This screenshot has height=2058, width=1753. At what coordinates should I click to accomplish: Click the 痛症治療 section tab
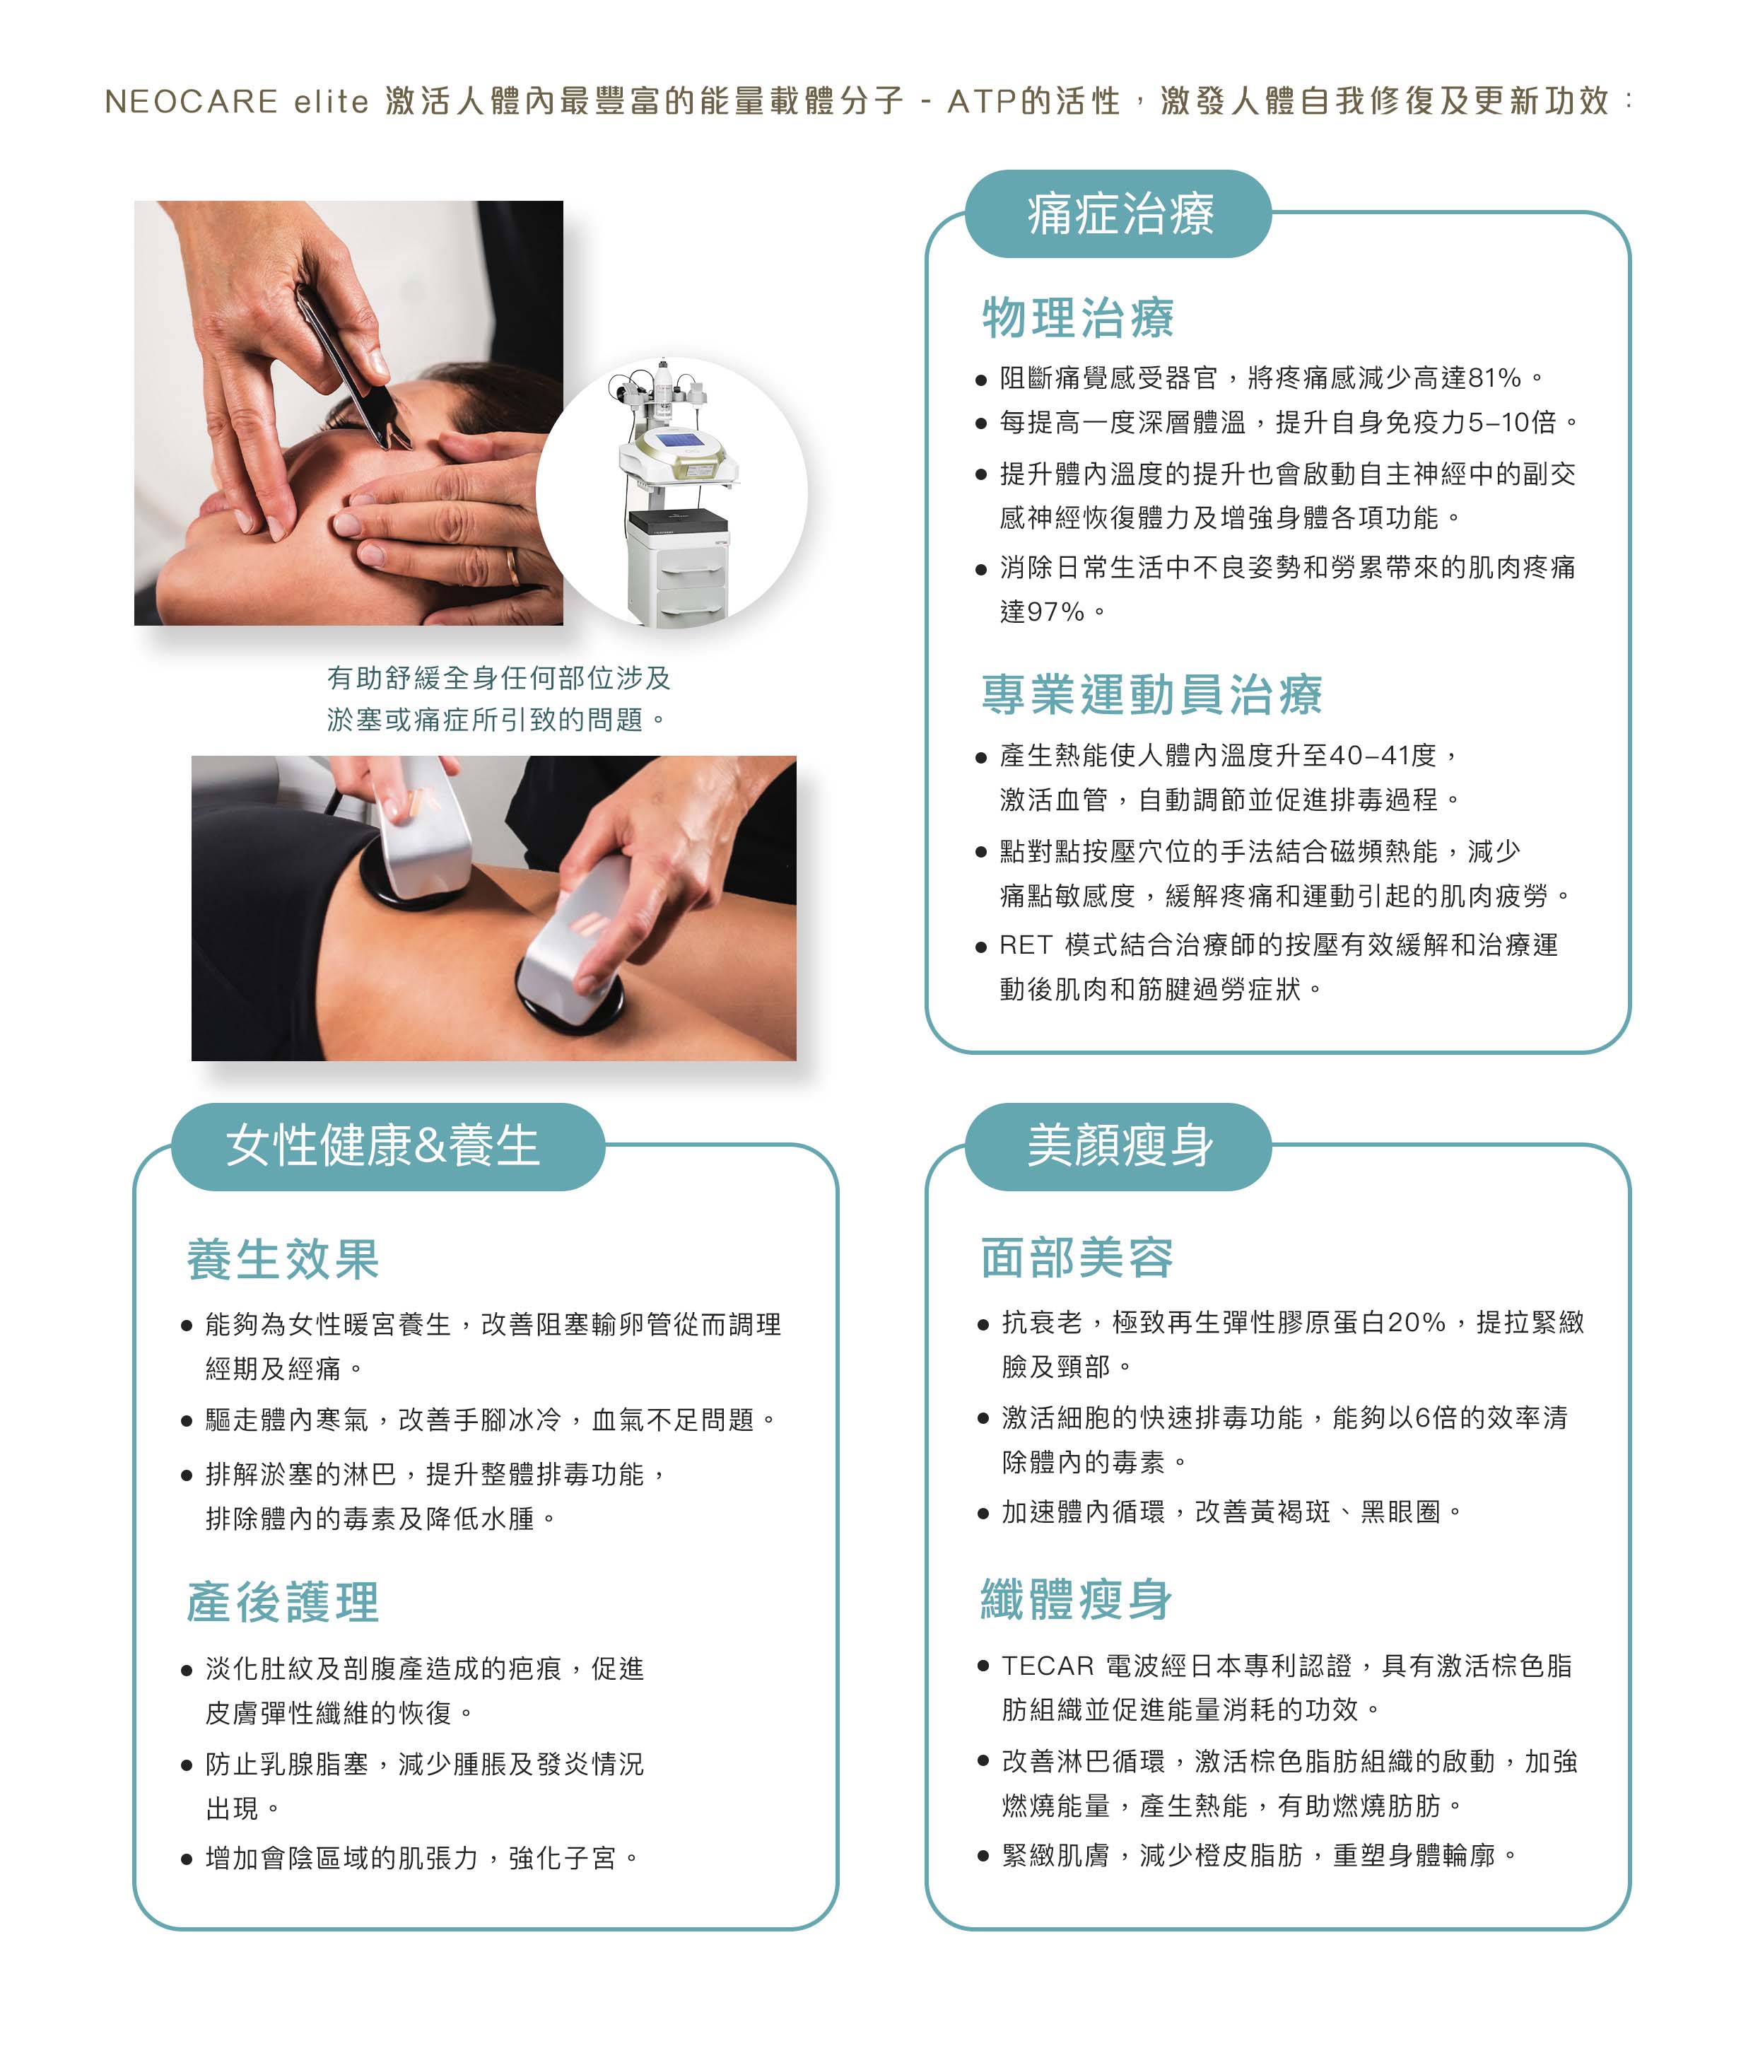[x=1118, y=214]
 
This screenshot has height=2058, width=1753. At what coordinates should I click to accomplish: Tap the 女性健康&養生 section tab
[x=387, y=1146]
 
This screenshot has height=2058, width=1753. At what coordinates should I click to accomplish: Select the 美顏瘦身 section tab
[x=1118, y=1146]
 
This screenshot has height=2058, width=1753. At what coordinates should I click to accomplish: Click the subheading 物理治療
[x=1078, y=318]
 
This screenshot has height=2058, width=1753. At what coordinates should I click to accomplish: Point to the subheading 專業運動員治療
[x=1151, y=694]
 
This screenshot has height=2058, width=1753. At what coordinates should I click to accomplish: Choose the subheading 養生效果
[x=283, y=1258]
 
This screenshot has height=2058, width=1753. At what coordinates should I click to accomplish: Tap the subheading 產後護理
[x=283, y=1601]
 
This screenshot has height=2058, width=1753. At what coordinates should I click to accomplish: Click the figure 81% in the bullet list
[x=1494, y=378]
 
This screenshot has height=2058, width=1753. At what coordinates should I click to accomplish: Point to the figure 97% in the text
[x=1056, y=611]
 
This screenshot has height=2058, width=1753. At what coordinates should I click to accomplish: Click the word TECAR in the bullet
[x=1047, y=1666]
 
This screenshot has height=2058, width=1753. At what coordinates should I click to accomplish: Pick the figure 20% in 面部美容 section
[x=1417, y=1322]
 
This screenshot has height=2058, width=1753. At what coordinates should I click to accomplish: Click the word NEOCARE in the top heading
[x=192, y=101]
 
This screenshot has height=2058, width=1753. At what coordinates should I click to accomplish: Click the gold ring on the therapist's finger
[x=512, y=566]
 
